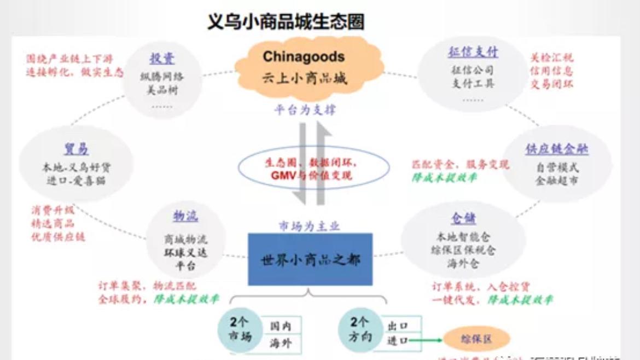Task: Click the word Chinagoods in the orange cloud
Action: click(304, 57)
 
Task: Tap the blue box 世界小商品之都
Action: click(310, 259)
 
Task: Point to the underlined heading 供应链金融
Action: click(557, 149)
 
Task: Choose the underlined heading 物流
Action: click(185, 216)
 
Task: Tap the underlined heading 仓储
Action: click(463, 218)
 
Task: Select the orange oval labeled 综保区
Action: click(476, 339)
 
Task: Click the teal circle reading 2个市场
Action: click(238, 329)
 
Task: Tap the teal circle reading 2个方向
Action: click(359, 329)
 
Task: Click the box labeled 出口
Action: click(398, 326)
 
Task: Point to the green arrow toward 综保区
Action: click(426, 340)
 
